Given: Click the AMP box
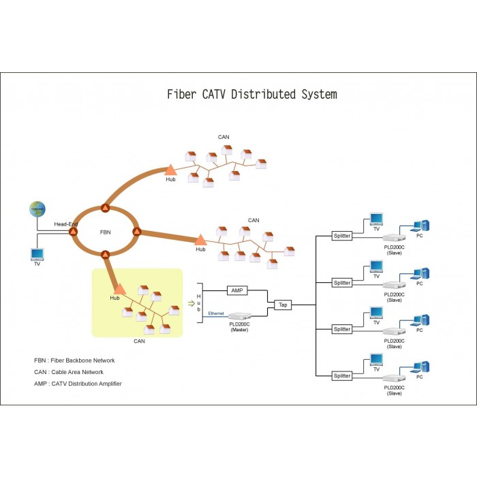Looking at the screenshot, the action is pos(237,290).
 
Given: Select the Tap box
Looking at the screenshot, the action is pos(283,305).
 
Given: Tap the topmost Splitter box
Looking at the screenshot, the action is pos(342,236).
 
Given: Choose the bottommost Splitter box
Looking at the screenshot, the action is pos(342,375).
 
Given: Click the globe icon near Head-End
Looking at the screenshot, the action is pos(37,209).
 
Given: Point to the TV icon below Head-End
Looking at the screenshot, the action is pos(37,255).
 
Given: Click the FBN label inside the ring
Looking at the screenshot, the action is pos(105,232).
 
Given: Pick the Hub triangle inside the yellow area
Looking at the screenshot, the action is pos(119,289).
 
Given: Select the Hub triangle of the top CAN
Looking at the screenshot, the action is pos(170,170).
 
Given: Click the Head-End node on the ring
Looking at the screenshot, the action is pos(73,232).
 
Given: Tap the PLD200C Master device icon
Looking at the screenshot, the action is pos(240,316).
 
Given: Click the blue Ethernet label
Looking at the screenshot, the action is pos(216,313).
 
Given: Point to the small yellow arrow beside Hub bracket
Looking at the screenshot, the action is pos(191,303).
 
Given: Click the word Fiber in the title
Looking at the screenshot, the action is pos(182,94).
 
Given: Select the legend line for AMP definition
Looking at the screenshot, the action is pos(78,384).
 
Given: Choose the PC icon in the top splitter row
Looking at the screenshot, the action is pos(420,226).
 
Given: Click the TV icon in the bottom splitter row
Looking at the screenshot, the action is pos(376,360).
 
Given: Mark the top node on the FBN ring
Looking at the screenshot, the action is pos(105,208).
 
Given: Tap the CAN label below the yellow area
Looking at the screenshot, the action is pos(139,341).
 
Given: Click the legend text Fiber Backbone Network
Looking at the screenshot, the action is pos(82,360).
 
